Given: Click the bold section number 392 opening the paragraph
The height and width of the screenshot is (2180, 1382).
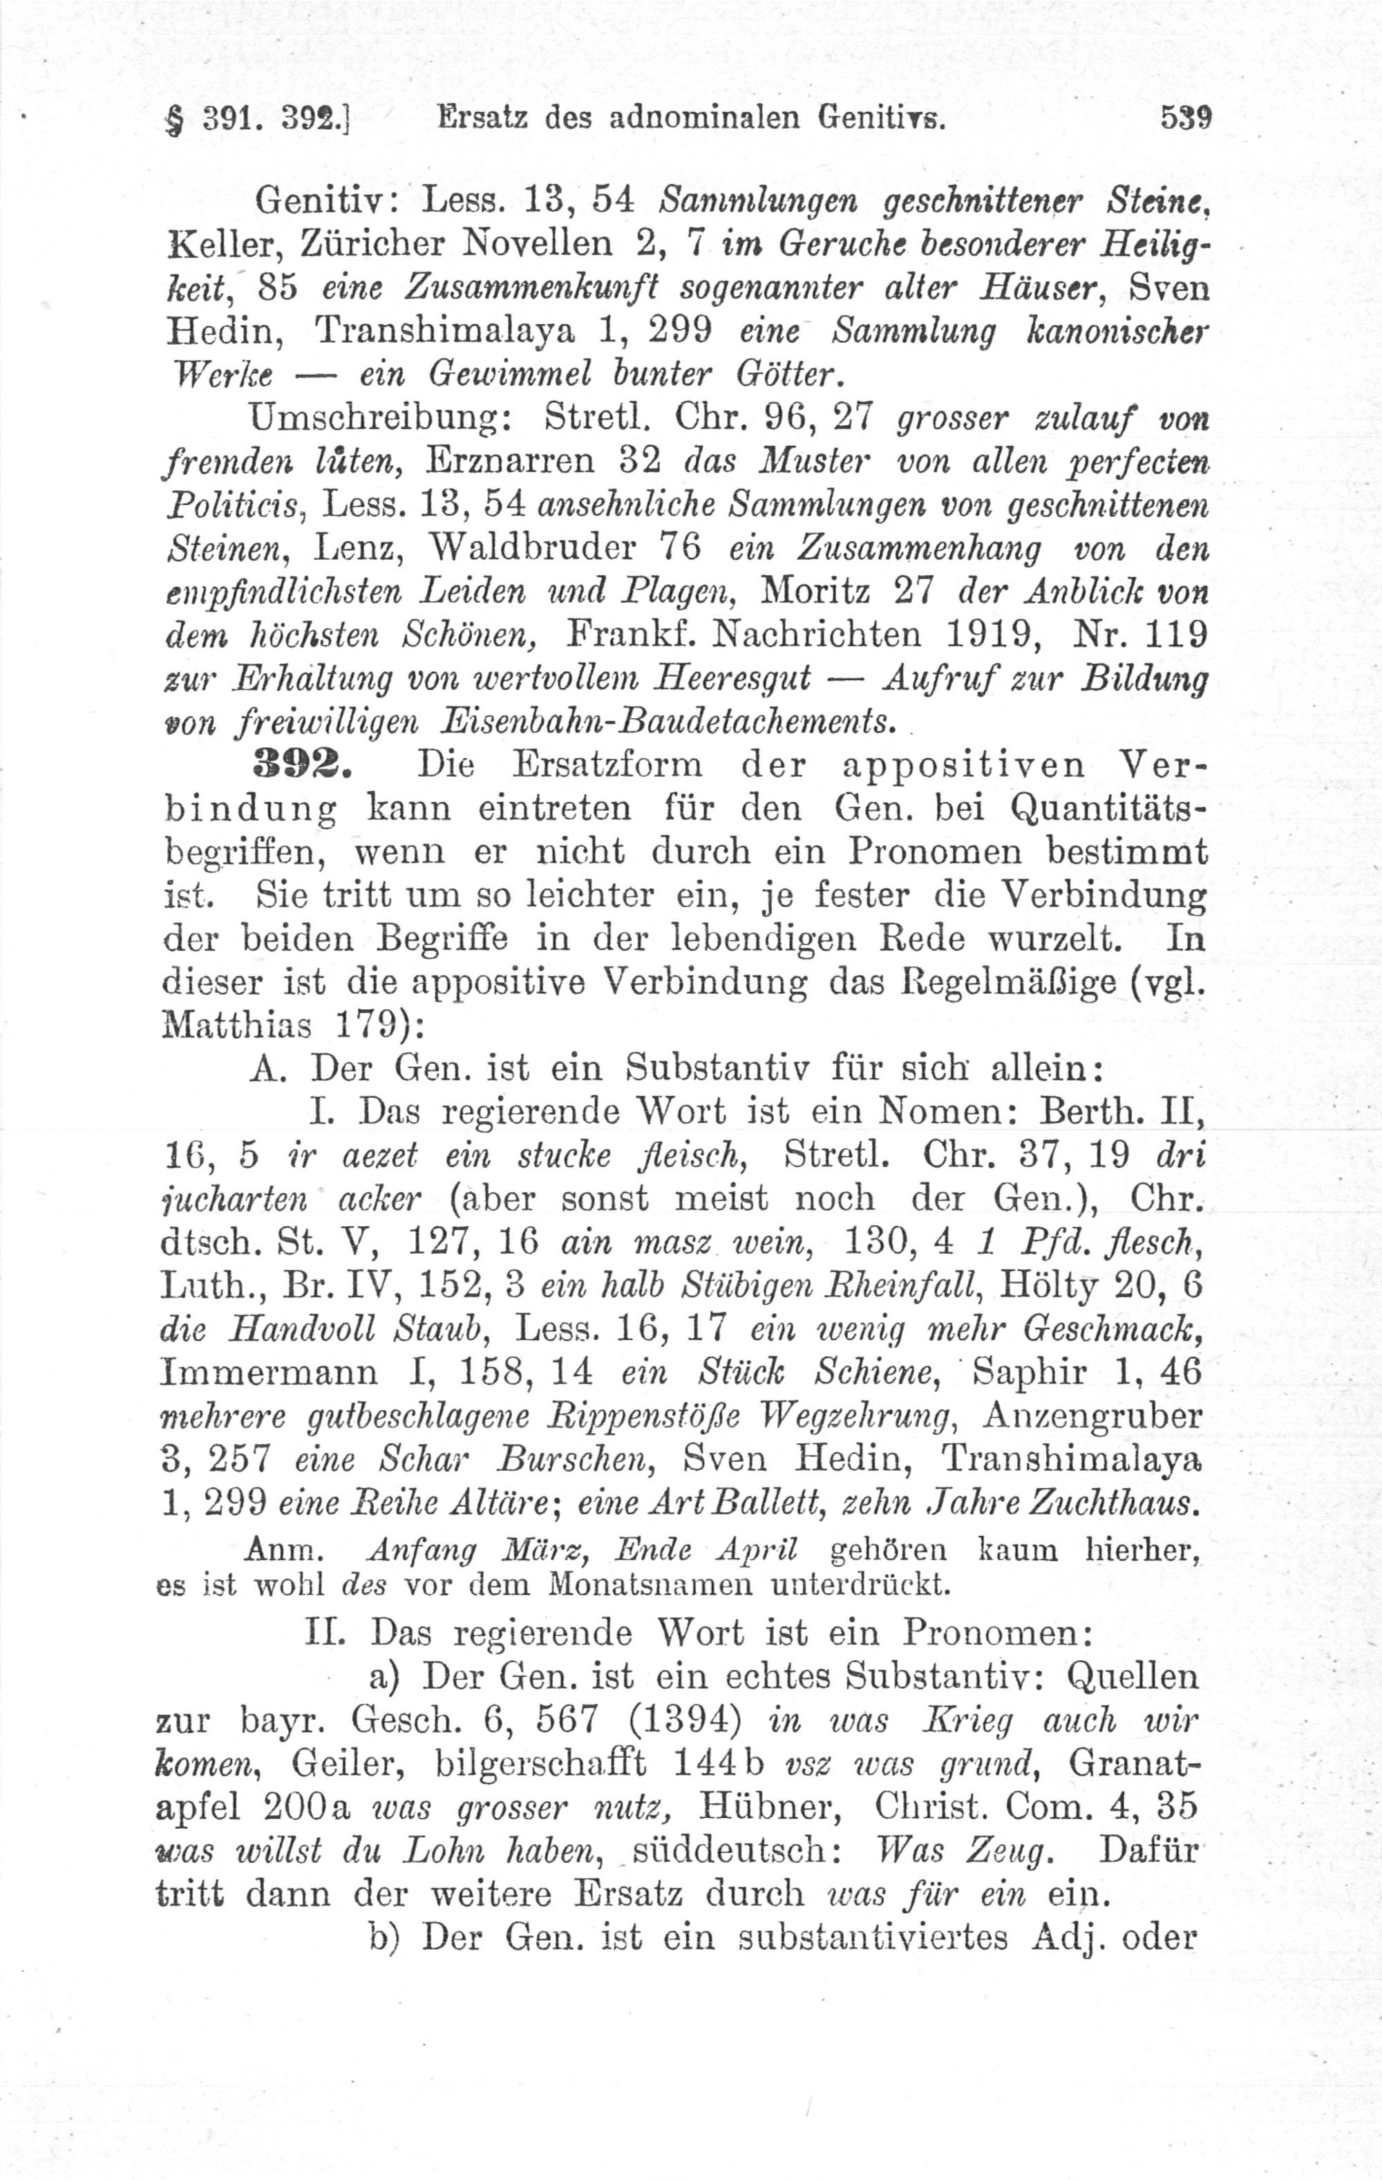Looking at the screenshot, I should click(x=301, y=764).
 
